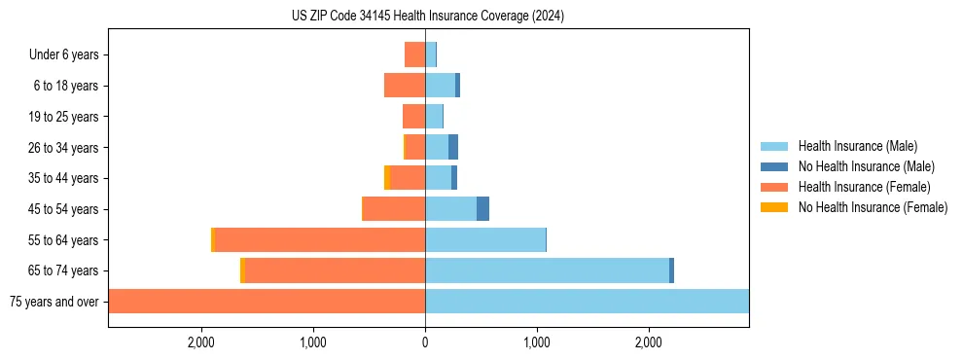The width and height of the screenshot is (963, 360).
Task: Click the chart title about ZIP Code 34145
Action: (x=427, y=17)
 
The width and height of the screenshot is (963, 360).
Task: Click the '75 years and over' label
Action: (x=53, y=302)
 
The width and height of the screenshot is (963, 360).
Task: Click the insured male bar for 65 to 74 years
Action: (x=547, y=270)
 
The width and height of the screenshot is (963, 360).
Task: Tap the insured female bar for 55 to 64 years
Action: (x=320, y=239)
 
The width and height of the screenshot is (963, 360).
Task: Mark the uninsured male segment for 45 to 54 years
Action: (x=482, y=209)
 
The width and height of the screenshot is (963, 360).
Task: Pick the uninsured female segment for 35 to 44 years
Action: (x=387, y=178)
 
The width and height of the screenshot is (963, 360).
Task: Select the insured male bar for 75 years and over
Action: (x=587, y=302)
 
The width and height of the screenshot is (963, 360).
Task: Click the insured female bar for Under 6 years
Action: (x=415, y=54)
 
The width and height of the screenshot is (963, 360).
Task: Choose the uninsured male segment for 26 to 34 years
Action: (x=453, y=147)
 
